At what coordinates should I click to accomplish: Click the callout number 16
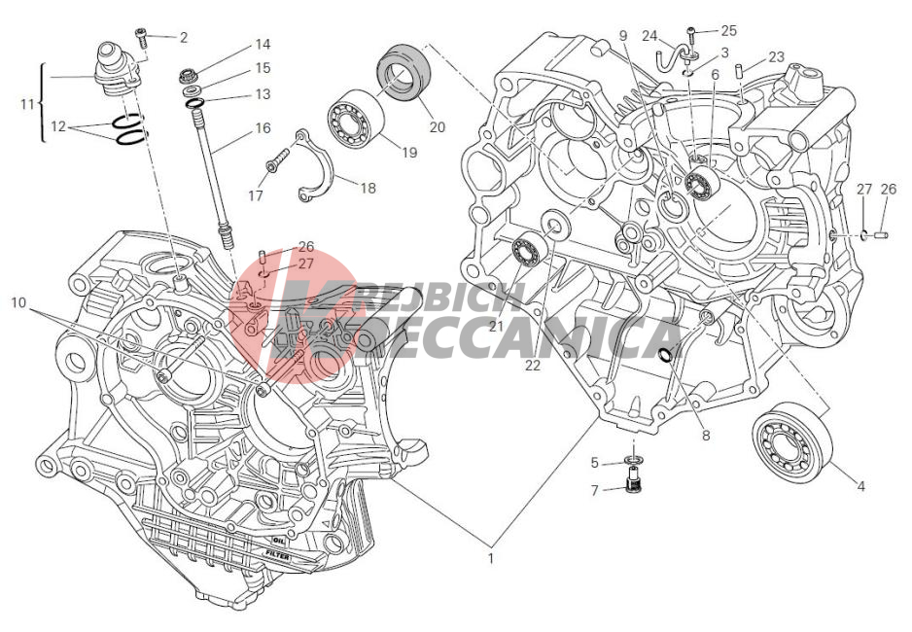263,127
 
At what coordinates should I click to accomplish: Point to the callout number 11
28,102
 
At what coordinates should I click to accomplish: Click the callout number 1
491,558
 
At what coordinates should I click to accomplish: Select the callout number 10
18,302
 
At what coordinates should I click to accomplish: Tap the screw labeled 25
691,31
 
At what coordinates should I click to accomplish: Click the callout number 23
776,57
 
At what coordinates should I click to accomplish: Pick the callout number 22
532,366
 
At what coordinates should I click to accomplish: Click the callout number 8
706,435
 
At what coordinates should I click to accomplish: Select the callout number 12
59,126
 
